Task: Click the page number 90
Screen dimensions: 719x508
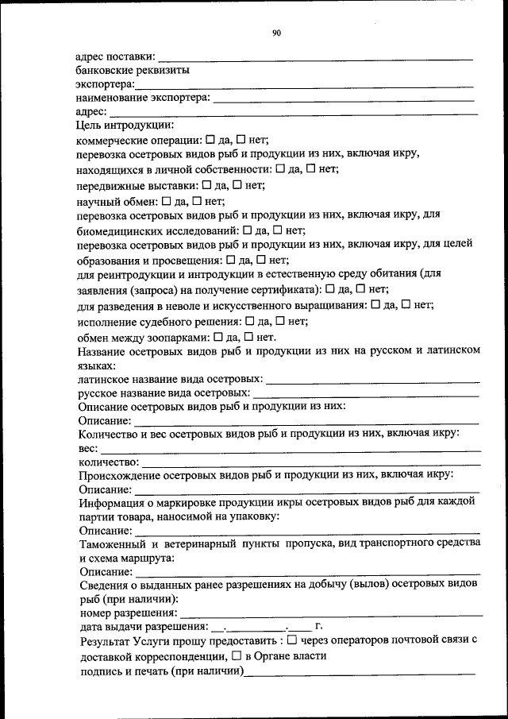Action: tap(276, 33)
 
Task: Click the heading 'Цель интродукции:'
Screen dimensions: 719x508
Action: tap(125, 125)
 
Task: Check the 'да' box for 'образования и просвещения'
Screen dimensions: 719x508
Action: tap(230, 260)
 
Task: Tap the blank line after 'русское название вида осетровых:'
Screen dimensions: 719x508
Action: tap(366, 393)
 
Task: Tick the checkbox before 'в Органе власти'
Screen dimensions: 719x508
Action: tap(237, 656)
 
